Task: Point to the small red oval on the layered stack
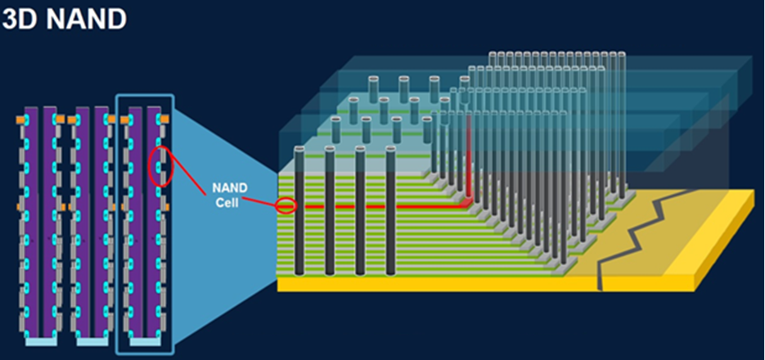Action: pos(286,205)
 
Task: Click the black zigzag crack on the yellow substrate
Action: pos(629,236)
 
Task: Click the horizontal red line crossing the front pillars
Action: pos(376,206)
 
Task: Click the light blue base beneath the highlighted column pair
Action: pos(144,342)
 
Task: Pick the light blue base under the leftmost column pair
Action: pos(39,342)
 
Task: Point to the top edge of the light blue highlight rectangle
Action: pos(144,95)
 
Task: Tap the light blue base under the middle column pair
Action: pos(92,342)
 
